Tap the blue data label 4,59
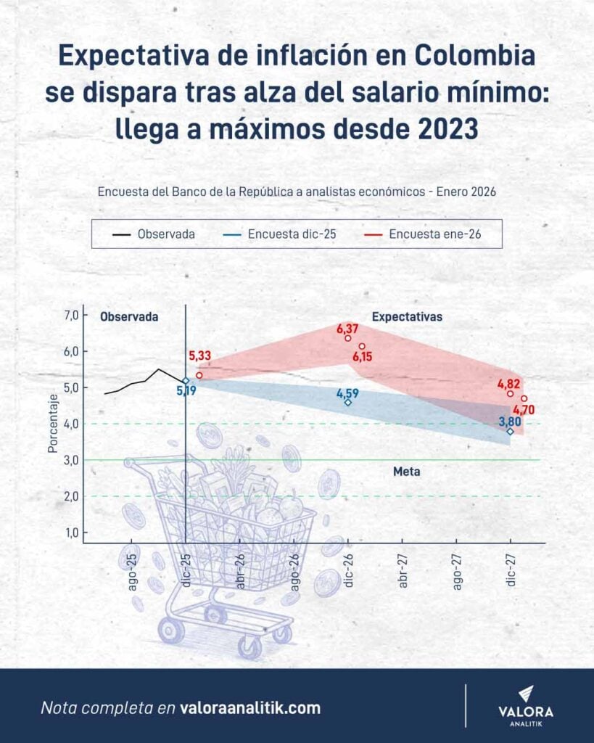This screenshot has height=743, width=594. (x=348, y=393)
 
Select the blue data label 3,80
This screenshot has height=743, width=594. (x=510, y=421)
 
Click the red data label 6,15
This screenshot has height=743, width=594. (x=365, y=356)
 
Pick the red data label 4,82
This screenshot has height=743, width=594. (x=509, y=384)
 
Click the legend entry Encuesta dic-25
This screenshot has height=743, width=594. (x=284, y=234)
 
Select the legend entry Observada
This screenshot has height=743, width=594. (x=154, y=234)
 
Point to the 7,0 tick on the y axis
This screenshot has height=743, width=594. (x=71, y=315)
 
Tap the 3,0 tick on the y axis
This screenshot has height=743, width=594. (x=71, y=460)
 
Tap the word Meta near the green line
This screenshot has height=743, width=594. (x=407, y=472)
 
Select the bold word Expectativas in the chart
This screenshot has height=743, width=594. (x=407, y=317)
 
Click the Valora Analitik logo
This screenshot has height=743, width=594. (x=526, y=705)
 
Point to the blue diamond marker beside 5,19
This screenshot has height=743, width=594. (x=186, y=380)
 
